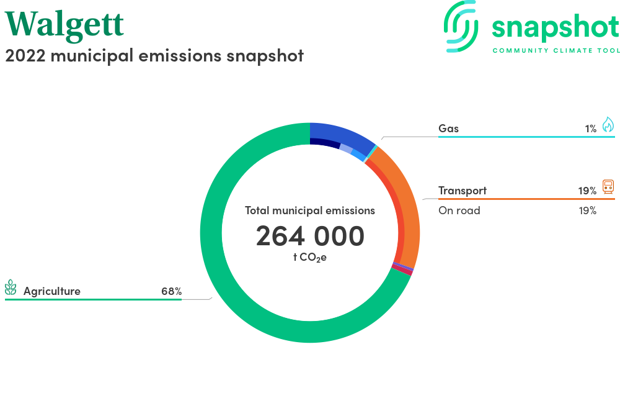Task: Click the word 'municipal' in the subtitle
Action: [x=92, y=57]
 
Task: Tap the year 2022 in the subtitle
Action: [x=25, y=56]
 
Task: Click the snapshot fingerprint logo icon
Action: [x=461, y=26]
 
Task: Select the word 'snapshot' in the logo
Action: [x=556, y=27]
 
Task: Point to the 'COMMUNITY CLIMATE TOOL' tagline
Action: [x=556, y=51]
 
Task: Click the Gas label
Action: [x=448, y=129]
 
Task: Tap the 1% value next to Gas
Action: [x=591, y=129]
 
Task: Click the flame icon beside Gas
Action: [x=608, y=124]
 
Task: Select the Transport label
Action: [x=463, y=191]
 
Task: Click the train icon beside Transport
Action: [x=608, y=186]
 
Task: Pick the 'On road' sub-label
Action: [x=459, y=210]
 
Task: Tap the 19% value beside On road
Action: [x=588, y=210]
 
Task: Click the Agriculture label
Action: [x=52, y=291]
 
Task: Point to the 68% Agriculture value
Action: [x=172, y=291]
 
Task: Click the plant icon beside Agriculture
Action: [x=11, y=287]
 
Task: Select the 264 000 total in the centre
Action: [x=310, y=237]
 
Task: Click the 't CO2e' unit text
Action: [x=310, y=258]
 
